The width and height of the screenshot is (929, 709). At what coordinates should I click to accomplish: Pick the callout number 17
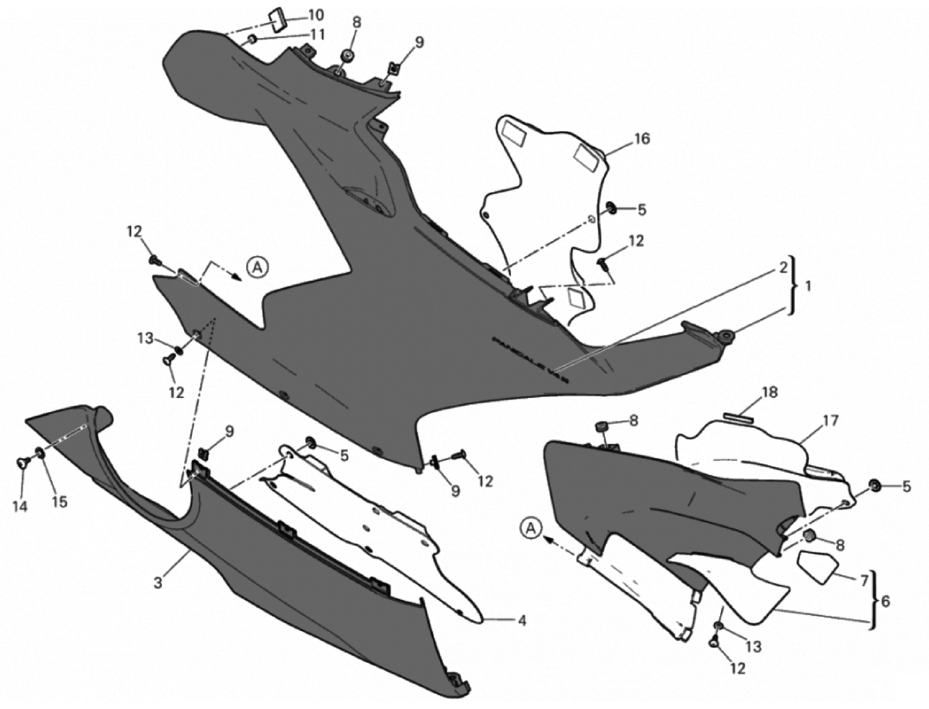(829, 421)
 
